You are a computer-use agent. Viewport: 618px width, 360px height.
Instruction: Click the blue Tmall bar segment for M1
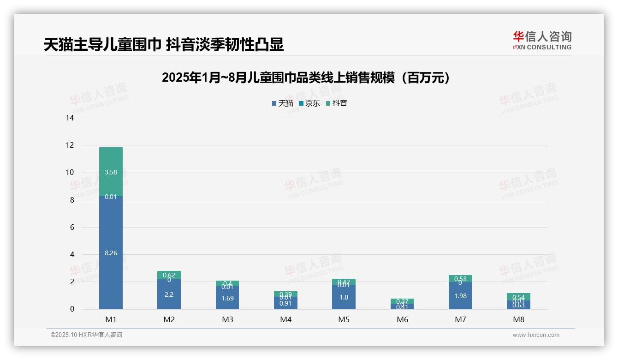[111, 231]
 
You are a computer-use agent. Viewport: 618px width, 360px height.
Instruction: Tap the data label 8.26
[111, 253]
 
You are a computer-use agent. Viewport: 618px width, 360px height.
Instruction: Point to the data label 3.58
[111, 172]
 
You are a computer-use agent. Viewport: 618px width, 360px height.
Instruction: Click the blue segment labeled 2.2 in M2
[169, 294]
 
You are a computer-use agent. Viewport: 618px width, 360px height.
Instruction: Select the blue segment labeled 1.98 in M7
[460, 296]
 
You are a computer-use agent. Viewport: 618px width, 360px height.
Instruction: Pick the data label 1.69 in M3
[227, 298]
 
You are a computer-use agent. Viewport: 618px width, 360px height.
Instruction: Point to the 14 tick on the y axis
[70, 118]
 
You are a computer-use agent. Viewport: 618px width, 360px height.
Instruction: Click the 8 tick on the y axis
[72, 200]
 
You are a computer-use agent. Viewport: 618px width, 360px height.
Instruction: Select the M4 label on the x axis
[286, 319]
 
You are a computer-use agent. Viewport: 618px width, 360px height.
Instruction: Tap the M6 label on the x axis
[402, 319]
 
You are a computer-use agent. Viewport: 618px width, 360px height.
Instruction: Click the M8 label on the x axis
[518, 319]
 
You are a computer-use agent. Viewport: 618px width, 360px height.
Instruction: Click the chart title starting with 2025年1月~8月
[306, 78]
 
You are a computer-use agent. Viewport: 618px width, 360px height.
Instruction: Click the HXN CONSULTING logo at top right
[542, 40]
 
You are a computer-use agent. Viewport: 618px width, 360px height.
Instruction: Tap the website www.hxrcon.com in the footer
[536, 335]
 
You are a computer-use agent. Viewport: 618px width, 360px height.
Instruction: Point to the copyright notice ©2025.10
[86, 335]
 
